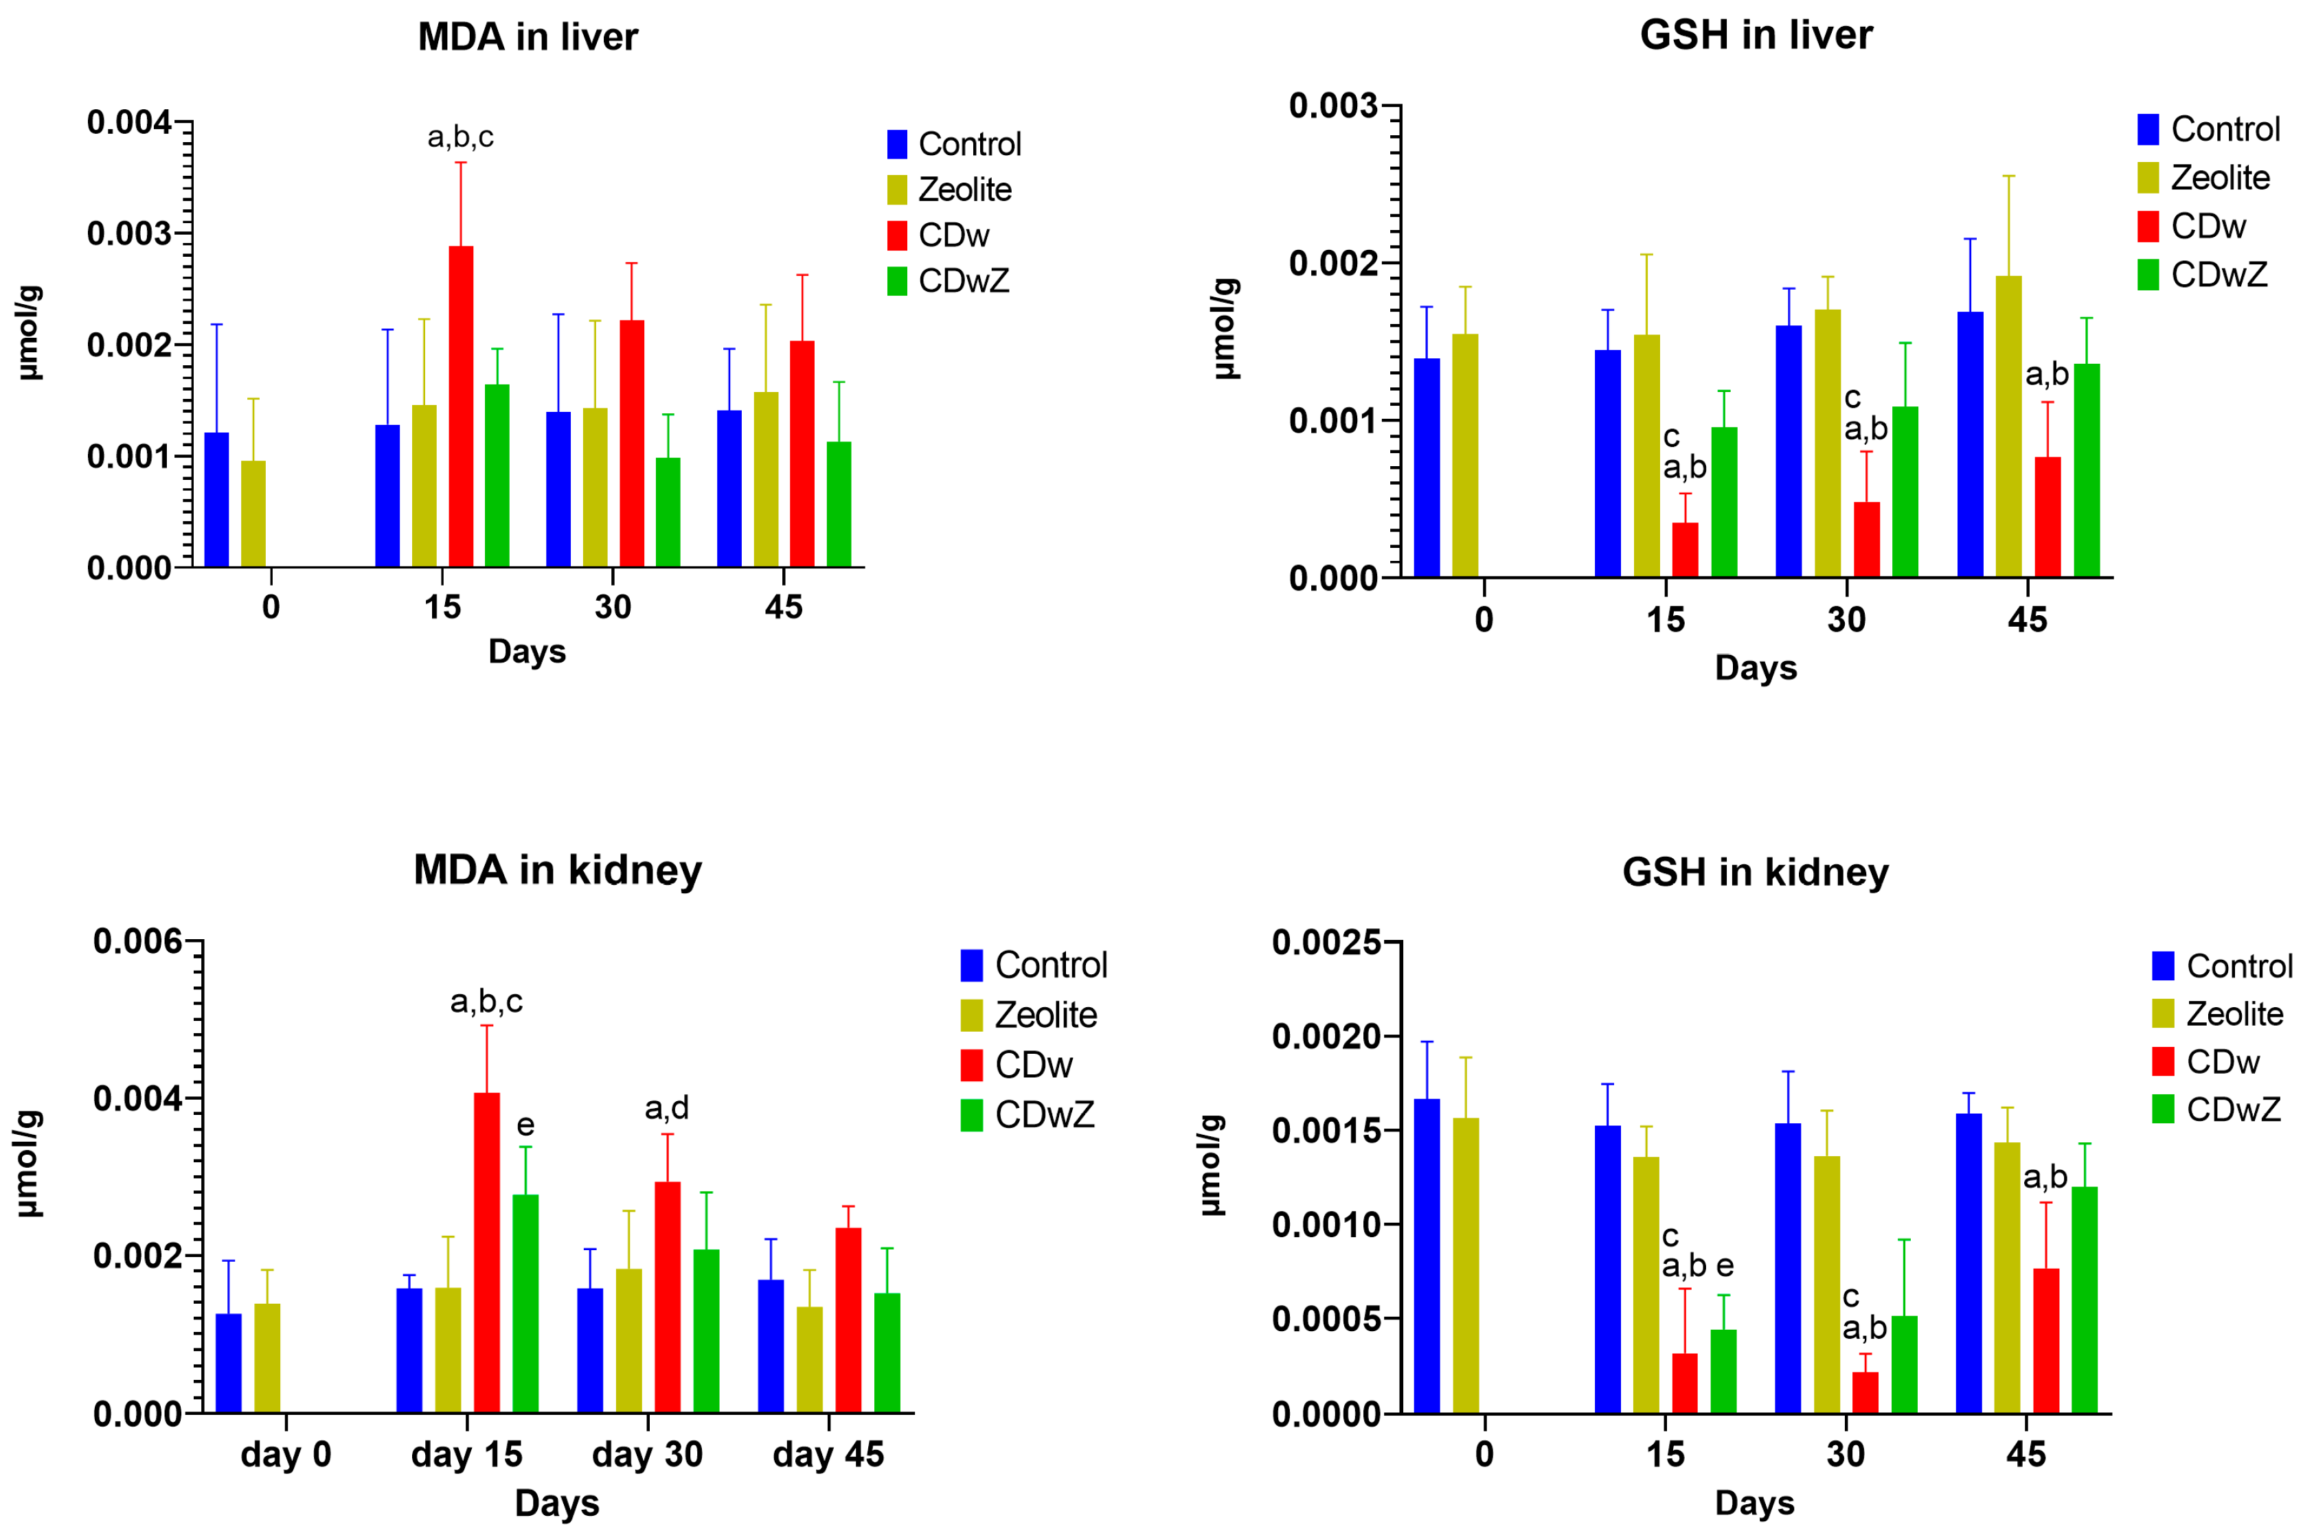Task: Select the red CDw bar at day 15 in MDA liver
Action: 461,406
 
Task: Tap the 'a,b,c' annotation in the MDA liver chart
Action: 461,137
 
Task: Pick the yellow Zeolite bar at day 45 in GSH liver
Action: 2008,426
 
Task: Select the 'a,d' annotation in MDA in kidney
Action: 666,1108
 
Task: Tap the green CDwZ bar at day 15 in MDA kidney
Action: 525,1303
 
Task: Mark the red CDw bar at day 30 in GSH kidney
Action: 1864,1392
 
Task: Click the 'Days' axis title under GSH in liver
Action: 1756,668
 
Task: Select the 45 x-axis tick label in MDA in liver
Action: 783,607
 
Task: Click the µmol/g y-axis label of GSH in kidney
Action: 1211,1164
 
